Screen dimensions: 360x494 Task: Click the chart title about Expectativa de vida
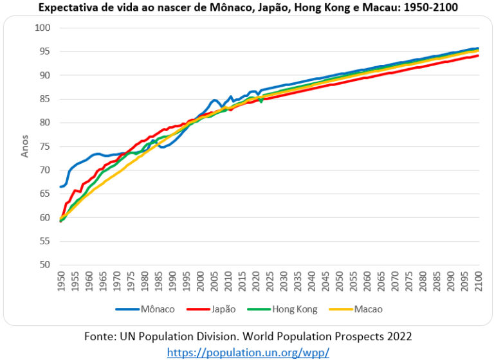pyautogui.click(x=247, y=8)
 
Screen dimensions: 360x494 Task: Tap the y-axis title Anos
pyautogui.click(x=25, y=146)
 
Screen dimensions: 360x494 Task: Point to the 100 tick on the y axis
pyautogui.click(x=42, y=28)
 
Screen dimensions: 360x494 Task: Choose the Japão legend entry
pyautogui.click(x=212, y=309)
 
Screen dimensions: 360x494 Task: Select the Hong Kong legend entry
pyautogui.click(x=280, y=309)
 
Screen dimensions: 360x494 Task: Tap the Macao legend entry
pyautogui.click(x=355, y=309)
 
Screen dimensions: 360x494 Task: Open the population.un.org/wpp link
pyautogui.click(x=248, y=352)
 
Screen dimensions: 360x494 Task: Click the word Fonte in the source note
pyautogui.click(x=100, y=336)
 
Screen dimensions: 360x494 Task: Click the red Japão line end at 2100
pyautogui.click(x=478, y=56)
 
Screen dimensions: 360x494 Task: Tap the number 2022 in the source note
pyautogui.click(x=398, y=336)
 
